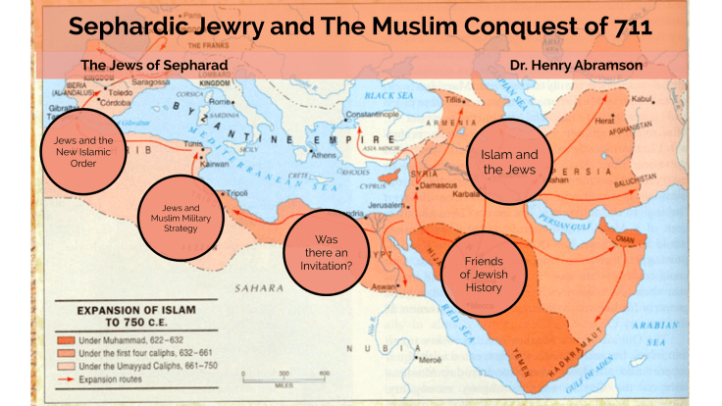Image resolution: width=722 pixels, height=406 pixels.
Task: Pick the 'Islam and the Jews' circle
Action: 508,162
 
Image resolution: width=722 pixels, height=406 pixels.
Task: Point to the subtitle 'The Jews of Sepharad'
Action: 153,66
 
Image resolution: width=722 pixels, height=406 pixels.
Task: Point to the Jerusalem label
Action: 387,204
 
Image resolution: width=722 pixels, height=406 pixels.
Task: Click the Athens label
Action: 325,155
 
